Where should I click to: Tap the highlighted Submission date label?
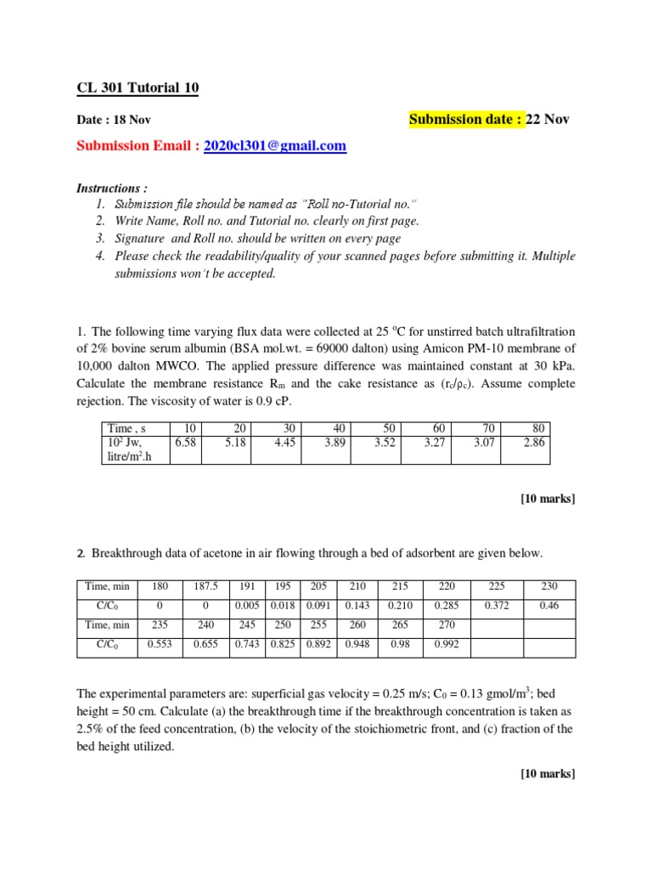466,119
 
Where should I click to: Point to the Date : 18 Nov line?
114,121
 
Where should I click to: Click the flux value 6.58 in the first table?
185,443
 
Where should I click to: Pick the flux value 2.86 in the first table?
536,443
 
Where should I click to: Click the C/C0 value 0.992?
446,645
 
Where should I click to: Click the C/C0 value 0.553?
160,645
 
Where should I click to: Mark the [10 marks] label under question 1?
548,499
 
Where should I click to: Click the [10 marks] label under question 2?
548,773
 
